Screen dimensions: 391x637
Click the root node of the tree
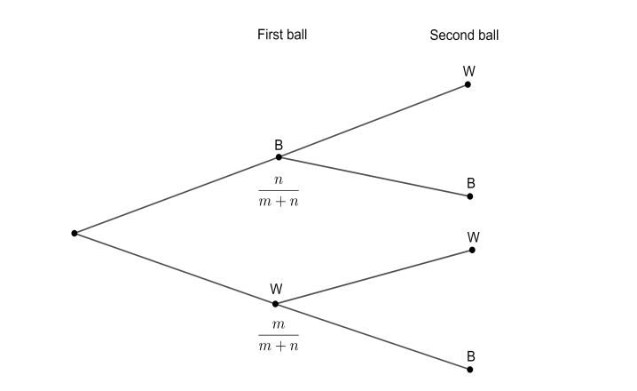75,233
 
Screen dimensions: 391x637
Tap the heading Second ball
464,36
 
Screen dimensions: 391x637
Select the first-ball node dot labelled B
279,157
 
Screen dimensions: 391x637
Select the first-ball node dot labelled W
276,304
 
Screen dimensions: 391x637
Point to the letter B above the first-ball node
279,143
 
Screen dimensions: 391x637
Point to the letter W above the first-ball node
276,290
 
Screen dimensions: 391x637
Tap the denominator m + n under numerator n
279,201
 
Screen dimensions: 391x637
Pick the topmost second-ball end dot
468,84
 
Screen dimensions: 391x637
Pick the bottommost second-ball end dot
470,369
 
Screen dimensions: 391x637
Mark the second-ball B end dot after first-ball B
470,196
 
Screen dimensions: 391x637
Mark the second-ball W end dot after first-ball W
472,250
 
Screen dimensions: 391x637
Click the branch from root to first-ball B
177,195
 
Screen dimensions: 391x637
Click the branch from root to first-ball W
175,268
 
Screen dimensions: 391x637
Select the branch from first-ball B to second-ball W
373,121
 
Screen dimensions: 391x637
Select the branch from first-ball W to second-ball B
373,336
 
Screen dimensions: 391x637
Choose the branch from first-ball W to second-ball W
374,277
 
